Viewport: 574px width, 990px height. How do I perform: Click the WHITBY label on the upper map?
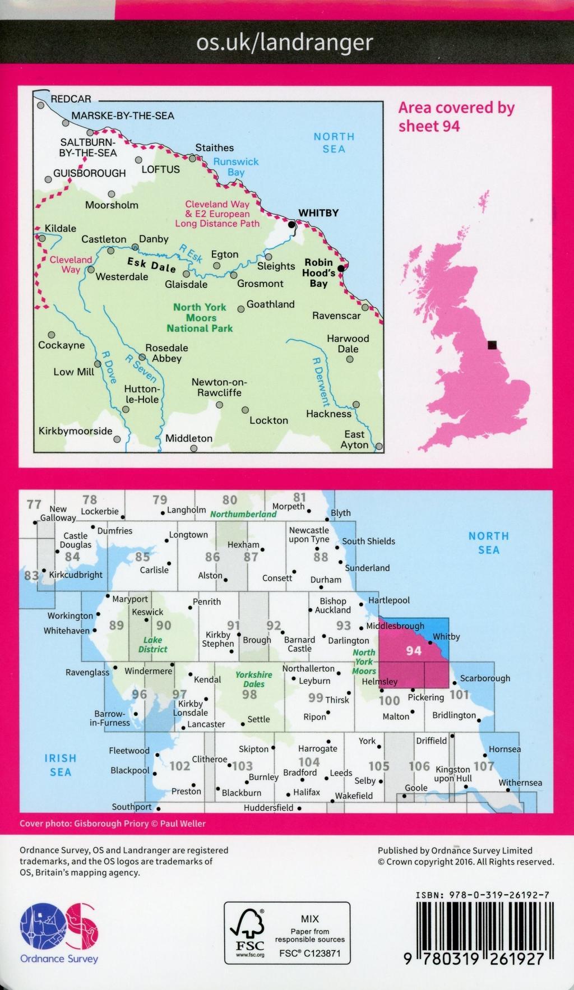[x=318, y=213]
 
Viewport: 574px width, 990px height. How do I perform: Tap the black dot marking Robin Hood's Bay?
[x=341, y=268]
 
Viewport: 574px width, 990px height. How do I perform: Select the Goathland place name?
[x=270, y=304]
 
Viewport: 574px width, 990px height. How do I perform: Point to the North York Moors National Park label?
[x=200, y=318]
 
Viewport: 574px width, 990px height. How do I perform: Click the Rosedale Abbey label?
[x=166, y=353]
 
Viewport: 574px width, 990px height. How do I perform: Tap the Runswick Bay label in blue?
[x=235, y=166]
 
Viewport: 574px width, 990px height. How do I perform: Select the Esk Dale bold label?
[x=151, y=265]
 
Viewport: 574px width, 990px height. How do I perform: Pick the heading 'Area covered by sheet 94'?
[x=456, y=117]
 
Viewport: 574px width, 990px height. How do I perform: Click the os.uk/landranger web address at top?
[x=284, y=43]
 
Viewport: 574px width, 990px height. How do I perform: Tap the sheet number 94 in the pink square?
[x=414, y=650]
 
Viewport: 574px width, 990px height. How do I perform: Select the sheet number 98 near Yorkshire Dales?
[x=249, y=695]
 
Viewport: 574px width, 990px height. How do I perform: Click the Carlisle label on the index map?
[x=154, y=570]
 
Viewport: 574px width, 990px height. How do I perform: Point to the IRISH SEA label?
[x=60, y=765]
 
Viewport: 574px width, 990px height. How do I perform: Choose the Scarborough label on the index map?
[x=485, y=678]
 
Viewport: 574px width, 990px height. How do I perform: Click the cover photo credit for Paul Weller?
[x=113, y=824]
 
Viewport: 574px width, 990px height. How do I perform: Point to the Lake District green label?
[x=152, y=645]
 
